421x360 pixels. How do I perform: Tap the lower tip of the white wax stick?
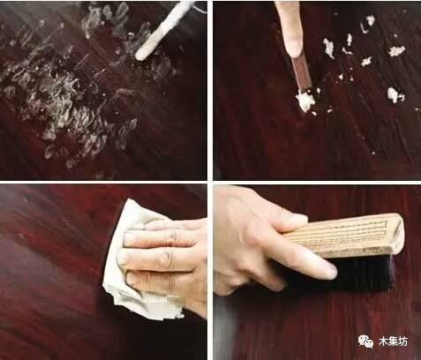(x=141, y=56)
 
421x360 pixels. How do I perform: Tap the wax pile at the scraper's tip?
(x=305, y=101)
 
